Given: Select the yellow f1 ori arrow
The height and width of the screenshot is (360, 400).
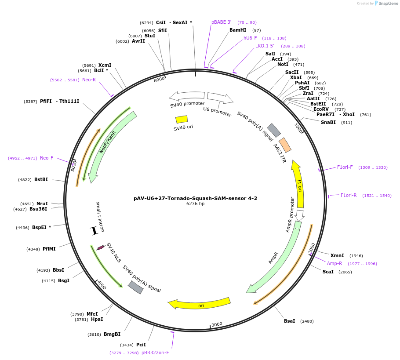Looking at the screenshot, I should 298,184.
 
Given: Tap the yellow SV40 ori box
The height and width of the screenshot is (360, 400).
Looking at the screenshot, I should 182,119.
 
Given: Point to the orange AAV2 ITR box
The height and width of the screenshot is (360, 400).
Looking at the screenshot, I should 285,145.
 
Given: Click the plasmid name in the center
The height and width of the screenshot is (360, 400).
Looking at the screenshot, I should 195,198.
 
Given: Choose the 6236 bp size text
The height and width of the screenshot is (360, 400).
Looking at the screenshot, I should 195,204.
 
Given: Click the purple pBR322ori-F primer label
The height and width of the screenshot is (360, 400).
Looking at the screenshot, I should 155,353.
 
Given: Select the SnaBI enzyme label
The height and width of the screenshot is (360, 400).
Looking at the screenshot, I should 328,122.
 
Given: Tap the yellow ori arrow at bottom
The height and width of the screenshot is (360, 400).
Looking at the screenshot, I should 200,304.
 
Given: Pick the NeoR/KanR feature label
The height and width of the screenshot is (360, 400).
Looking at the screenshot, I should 107,142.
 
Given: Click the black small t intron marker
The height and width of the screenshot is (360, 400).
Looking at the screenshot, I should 93,230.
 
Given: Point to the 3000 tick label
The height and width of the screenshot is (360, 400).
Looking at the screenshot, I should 217,324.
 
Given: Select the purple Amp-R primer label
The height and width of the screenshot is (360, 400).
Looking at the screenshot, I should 334,263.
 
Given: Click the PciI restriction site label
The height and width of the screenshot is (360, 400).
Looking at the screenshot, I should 141,345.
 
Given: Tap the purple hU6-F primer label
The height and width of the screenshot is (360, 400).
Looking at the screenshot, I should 250,38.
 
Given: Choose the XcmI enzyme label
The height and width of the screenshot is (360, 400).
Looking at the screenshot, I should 105,65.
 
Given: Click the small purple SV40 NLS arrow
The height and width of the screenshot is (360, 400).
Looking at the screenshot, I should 101,247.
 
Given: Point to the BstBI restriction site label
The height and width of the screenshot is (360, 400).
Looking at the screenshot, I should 41,179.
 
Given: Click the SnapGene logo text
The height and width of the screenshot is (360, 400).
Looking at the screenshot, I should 387,4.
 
